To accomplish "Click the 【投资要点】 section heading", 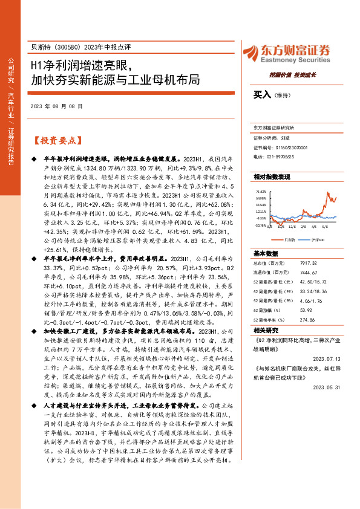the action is pos(55,140).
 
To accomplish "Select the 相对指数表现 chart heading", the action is pos(272,177).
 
